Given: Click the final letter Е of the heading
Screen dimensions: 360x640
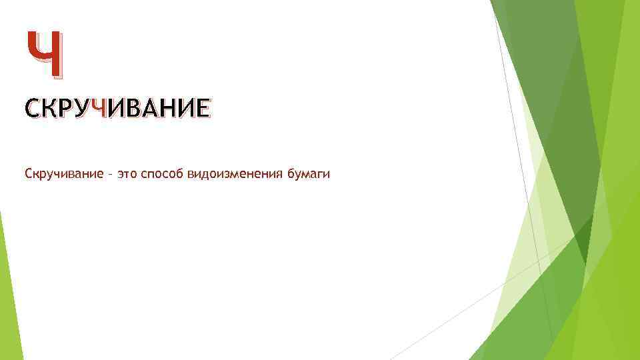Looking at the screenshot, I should pyautogui.click(x=202, y=108).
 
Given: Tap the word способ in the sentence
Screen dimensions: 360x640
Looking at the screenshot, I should pyautogui.click(x=162, y=175).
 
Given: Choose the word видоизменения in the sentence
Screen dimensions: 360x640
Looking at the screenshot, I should pyautogui.click(x=236, y=175).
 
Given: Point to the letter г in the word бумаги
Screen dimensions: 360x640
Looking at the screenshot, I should pyautogui.click(x=319, y=175).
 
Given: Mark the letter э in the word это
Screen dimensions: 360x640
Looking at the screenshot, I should pyautogui.click(x=119, y=175).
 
